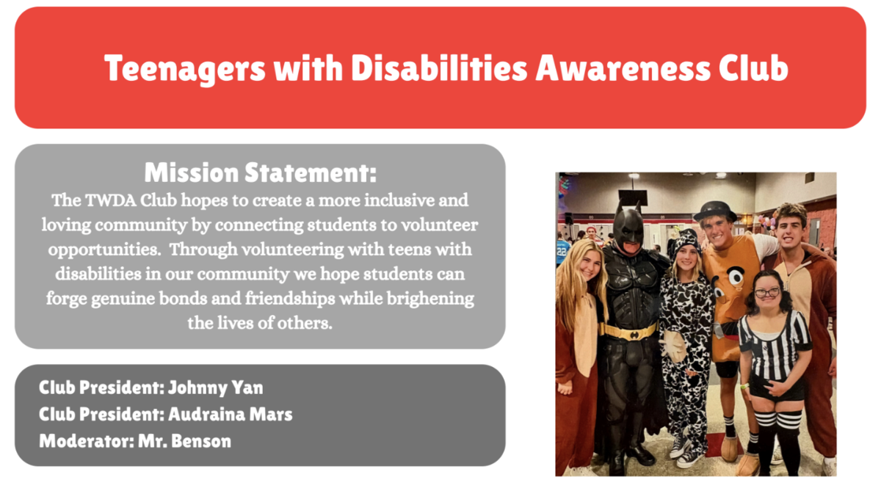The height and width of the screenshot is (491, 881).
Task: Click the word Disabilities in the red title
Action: pos(439,68)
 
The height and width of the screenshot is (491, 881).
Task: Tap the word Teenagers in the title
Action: pos(185,69)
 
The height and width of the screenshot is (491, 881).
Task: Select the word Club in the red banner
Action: pos(753,68)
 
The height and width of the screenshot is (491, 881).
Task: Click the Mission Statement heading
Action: pos(261,172)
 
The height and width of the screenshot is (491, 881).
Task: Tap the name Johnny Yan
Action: pos(216,388)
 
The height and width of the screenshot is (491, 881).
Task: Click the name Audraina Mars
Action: pos(231,415)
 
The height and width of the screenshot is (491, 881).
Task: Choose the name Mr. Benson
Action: pos(184,441)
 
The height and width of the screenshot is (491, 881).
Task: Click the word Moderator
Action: pos(87,441)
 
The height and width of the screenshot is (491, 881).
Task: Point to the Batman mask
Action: pos(628,228)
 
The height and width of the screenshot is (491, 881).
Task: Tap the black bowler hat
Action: pos(715,211)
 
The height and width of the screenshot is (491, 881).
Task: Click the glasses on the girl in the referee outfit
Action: pos(767,293)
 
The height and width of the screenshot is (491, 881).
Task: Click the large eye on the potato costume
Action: pos(735,277)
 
